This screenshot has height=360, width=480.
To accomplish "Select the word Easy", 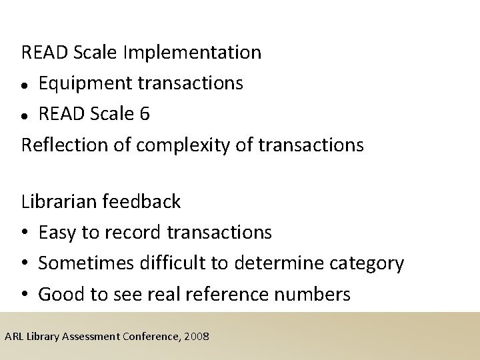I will (58, 232).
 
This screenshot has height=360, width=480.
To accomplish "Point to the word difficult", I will (167, 263).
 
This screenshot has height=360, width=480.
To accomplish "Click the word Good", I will (59, 294).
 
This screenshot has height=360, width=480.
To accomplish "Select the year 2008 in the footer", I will (197, 336).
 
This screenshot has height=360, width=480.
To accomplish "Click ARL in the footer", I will (13, 336).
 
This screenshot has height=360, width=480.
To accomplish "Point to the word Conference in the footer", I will (152, 336).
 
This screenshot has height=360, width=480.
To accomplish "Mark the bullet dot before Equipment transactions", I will (25, 85).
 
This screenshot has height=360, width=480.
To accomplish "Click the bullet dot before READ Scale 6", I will (25, 115).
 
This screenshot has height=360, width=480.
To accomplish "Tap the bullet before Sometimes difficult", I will (25, 263).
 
